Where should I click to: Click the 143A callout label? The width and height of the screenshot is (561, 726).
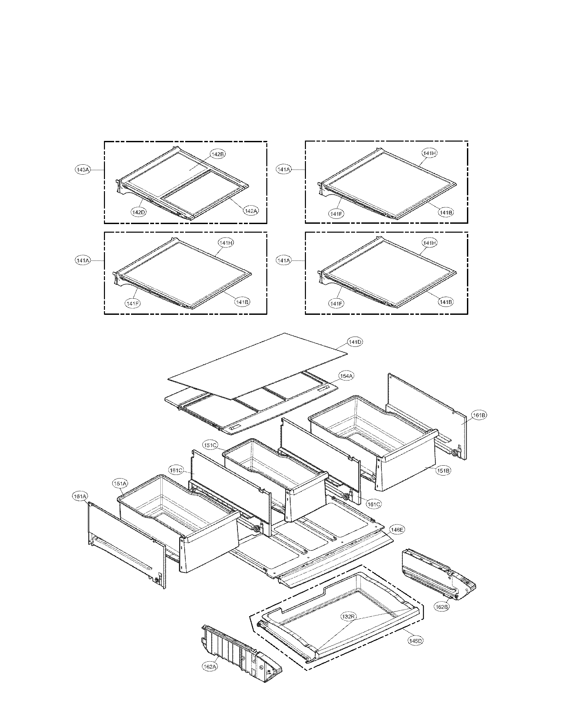click(x=83, y=170)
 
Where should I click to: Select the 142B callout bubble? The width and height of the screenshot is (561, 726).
click(x=218, y=154)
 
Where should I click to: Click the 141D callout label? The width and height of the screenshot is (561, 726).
click(x=355, y=342)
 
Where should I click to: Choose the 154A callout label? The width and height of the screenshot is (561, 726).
click(x=346, y=376)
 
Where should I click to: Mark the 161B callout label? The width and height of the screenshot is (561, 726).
click(x=479, y=415)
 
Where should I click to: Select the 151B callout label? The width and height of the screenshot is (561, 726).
click(x=443, y=471)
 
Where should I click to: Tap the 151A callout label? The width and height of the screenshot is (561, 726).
click(x=121, y=484)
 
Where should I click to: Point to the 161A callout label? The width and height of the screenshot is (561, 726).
click(x=80, y=497)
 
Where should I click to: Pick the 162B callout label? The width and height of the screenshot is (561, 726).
click(x=442, y=607)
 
